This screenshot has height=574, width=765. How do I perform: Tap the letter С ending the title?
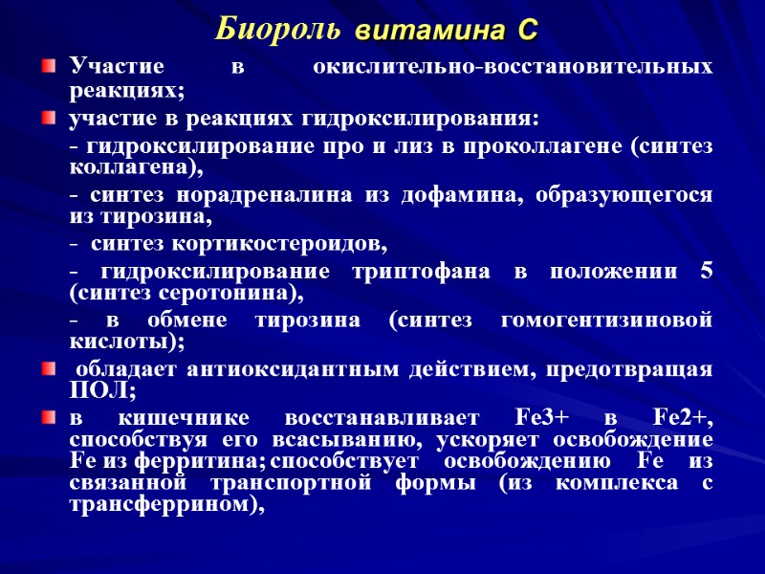tap(526, 32)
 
